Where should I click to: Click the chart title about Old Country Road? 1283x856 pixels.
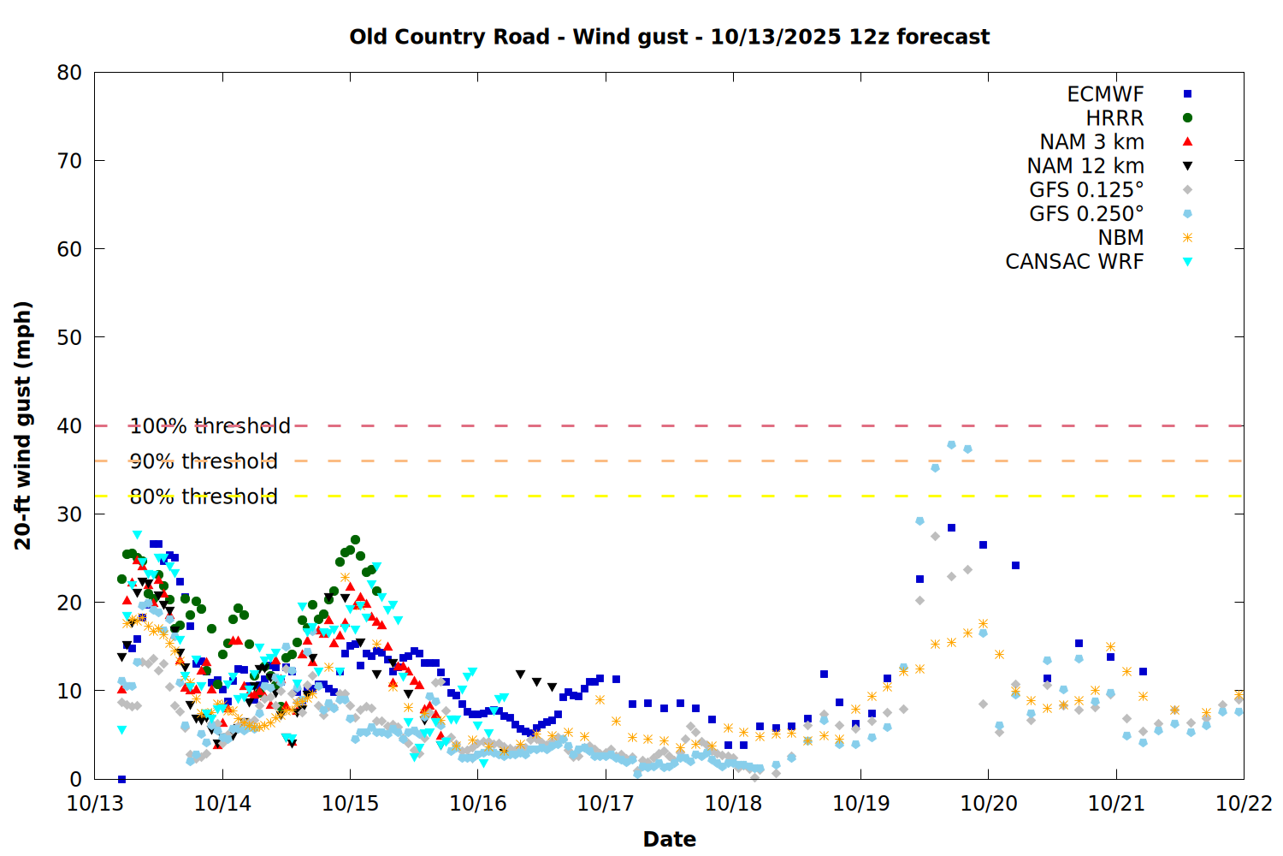point(669,37)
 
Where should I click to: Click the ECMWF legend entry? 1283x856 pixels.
point(1105,94)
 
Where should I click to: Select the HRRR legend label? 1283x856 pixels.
point(1114,118)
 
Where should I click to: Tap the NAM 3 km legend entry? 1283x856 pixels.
point(1091,142)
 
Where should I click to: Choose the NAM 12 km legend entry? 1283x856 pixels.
point(1085,166)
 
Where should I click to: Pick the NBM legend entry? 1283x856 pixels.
point(1120,238)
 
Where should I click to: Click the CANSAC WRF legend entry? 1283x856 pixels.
point(1074,262)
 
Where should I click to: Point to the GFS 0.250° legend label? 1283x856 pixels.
point(1086,214)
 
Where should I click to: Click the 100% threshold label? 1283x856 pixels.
point(210,426)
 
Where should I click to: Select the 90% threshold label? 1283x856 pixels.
point(204,461)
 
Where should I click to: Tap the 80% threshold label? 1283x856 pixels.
point(204,496)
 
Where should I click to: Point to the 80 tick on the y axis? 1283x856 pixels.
point(70,73)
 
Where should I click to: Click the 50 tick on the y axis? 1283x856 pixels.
point(70,337)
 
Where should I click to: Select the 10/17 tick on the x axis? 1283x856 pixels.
point(606,804)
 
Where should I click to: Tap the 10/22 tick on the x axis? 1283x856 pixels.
point(1244,804)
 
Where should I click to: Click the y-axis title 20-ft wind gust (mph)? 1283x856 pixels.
point(23,425)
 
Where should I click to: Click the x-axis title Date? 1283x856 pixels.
point(669,839)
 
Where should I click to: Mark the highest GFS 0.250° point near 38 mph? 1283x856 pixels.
point(951,445)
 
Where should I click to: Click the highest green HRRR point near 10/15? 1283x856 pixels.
point(355,540)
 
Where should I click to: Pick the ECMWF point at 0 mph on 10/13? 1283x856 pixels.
point(121,779)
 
